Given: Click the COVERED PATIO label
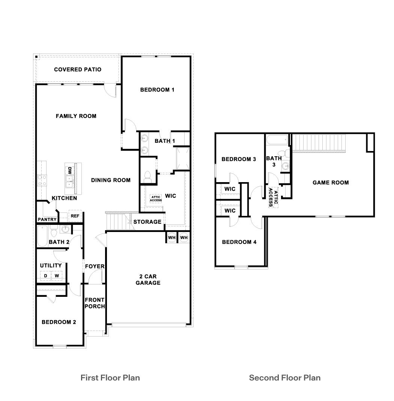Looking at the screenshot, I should pyautogui.click(x=78, y=69).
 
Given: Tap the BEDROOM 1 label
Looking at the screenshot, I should pyautogui.click(x=157, y=90).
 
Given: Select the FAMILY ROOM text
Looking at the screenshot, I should pyautogui.click(x=76, y=116).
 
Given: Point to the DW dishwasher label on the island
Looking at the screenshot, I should pyautogui.click(x=69, y=171).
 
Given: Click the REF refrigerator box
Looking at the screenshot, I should pyautogui.click(x=75, y=216).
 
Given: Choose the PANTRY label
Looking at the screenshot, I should pyautogui.click(x=47, y=220).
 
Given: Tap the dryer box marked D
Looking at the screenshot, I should pyautogui.click(x=46, y=276).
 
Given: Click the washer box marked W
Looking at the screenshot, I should pyautogui.click(x=57, y=276).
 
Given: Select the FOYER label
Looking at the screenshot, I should pyautogui.click(x=95, y=266).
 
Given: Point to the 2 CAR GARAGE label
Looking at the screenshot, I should pyautogui.click(x=148, y=280).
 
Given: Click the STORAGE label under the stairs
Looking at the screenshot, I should pyautogui.click(x=147, y=222).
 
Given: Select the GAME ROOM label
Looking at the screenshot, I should pyautogui.click(x=331, y=183).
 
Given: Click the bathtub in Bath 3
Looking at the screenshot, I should pyautogui.click(x=277, y=141).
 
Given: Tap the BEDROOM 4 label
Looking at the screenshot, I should pyautogui.click(x=239, y=242).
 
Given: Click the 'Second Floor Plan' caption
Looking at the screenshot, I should pyautogui.click(x=285, y=377).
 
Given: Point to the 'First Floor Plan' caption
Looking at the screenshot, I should pyautogui.click(x=110, y=377).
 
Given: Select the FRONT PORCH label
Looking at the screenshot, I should pyautogui.click(x=95, y=303).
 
